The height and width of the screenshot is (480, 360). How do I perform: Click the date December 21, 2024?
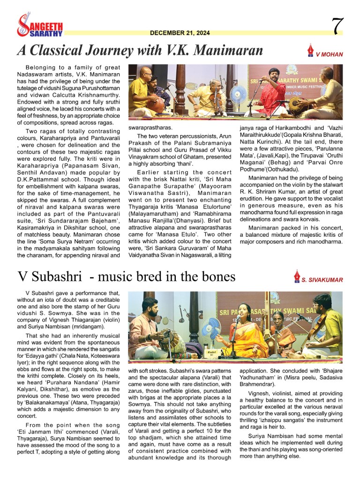pyautogui.click(x=180, y=33)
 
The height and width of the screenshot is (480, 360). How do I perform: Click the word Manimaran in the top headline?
pyautogui.click(x=225, y=50)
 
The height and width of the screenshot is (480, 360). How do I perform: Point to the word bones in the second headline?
pyautogui.click(x=218, y=277)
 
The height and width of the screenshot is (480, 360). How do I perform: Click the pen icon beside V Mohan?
pyautogui.click(x=310, y=50)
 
